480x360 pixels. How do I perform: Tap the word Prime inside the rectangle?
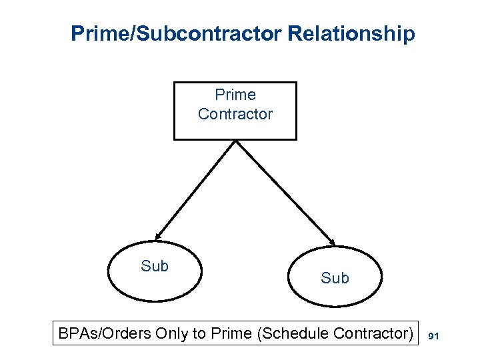[235, 95]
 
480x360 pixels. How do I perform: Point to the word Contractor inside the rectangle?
[235, 114]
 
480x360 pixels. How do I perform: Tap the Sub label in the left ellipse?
[155, 266]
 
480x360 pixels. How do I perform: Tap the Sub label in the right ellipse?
[335, 278]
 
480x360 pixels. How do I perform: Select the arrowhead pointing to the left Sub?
[157, 235]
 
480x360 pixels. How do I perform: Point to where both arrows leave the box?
[235, 141]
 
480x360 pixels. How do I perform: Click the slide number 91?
[433, 337]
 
